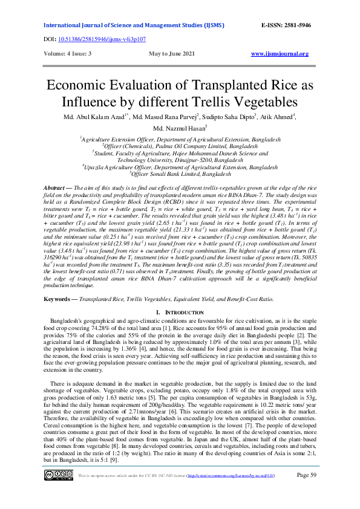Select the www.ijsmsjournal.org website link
tap(280, 54)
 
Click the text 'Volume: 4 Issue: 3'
tap(65, 54)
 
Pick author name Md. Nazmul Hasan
tap(179, 128)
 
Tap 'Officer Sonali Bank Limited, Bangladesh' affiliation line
tap(180, 173)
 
